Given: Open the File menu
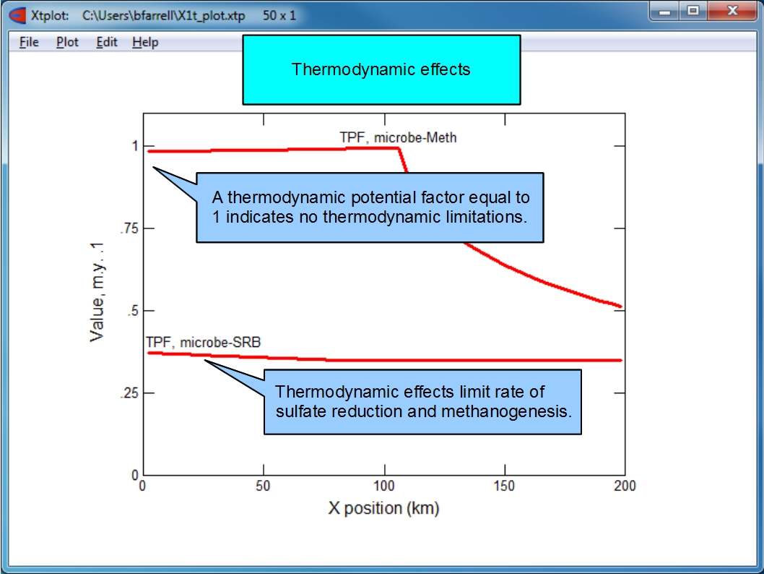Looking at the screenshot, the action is click(x=29, y=43).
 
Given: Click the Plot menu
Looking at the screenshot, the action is click(x=67, y=43).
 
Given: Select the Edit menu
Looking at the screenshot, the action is click(x=107, y=43).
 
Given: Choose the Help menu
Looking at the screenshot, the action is click(x=145, y=43).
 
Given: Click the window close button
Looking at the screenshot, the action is click(x=732, y=10).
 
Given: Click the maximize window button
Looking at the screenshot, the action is click(x=693, y=10).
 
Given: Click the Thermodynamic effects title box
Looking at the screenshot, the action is click(x=381, y=69).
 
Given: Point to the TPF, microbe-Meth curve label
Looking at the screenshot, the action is click(x=398, y=137).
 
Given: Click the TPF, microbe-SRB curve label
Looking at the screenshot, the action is click(x=203, y=343).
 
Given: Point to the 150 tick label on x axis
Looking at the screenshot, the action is click(x=504, y=486).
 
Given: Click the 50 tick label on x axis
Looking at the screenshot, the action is click(x=263, y=486).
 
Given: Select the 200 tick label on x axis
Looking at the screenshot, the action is click(x=625, y=486).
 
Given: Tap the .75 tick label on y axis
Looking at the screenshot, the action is click(x=129, y=228).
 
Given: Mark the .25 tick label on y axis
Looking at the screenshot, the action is click(x=129, y=393).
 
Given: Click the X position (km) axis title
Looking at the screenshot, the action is click(x=383, y=508).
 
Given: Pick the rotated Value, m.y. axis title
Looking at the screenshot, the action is click(x=97, y=292).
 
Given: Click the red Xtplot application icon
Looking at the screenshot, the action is click(x=17, y=15).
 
